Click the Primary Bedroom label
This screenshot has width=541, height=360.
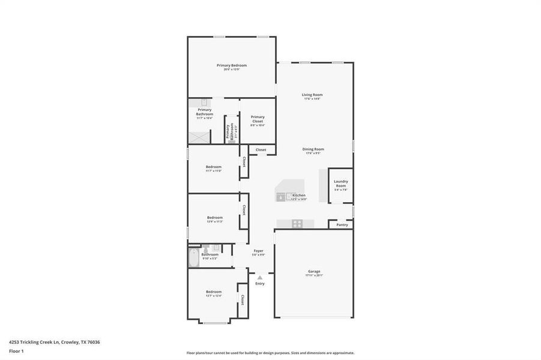tap(232, 65)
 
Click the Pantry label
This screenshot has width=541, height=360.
tap(342, 225)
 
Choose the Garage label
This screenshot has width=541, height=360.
tap(314, 271)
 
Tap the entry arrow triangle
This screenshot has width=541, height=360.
tap(259, 277)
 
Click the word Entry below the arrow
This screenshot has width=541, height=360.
tap(259, 284)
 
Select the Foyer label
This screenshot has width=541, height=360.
tap(258, 251)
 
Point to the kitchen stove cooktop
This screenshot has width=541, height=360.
tap(296, 224)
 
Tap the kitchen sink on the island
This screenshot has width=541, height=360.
tap(282, 196)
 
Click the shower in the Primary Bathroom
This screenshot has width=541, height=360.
tap(199, 137)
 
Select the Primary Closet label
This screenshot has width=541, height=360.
tap(258, 119)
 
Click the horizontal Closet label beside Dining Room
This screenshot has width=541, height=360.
tap(261, 149)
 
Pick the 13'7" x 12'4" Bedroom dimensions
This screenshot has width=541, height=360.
tap(214, 296)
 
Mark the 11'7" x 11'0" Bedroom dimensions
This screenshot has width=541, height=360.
tap(214, 171)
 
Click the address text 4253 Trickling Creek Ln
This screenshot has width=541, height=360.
tap(54, 342)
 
